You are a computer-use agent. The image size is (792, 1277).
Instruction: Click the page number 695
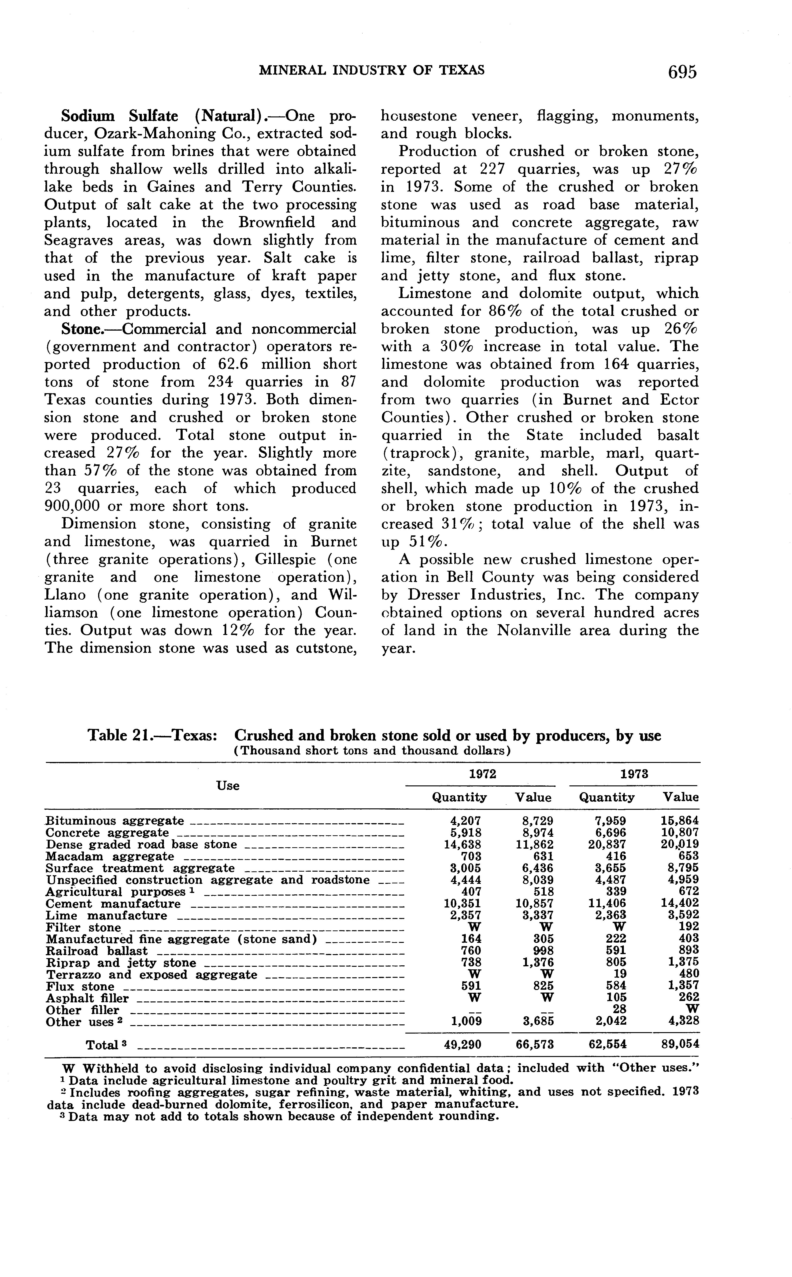coord(682,72)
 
